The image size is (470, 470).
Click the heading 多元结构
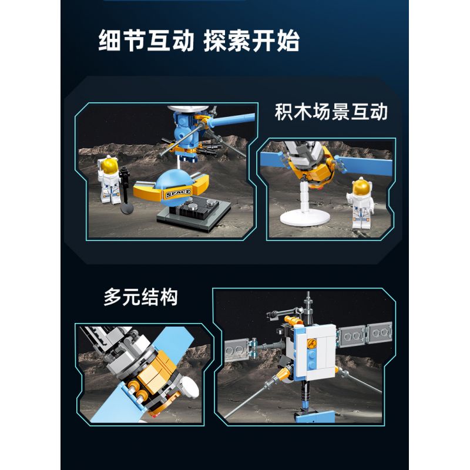(140, 297)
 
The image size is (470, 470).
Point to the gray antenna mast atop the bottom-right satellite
(307, 305)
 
